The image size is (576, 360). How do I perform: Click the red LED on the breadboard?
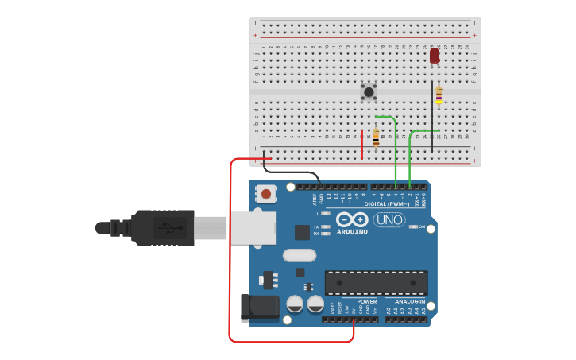pos(435,55)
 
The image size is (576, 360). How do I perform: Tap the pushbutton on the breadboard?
pos(369,91)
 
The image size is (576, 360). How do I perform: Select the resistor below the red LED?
pos(439,95)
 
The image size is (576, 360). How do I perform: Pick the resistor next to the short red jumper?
pos(376,138)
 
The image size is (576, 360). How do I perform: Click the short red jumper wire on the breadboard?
pos(361,144)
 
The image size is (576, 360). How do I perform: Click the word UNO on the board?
pos(389,219)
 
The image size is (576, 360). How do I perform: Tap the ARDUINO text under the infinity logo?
pos(352,232)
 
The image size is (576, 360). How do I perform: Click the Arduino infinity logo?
pos(351,219)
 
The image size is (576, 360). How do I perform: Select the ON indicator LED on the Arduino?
pos(413,226)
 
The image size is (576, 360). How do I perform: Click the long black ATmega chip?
pos(376,283)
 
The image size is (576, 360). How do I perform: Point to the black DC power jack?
pos(259,308)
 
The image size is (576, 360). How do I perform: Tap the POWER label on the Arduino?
pos(367,302)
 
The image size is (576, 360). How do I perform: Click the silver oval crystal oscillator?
pos(299,256)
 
